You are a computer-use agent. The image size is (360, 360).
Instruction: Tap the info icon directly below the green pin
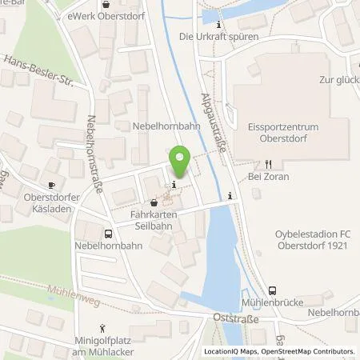tap(174, 185)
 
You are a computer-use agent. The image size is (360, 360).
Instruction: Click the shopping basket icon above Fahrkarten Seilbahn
tap(154, 203)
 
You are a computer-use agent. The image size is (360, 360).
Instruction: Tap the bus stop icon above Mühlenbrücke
tap(274, 291)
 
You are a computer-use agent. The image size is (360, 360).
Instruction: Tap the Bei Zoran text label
tap(268, 176)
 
